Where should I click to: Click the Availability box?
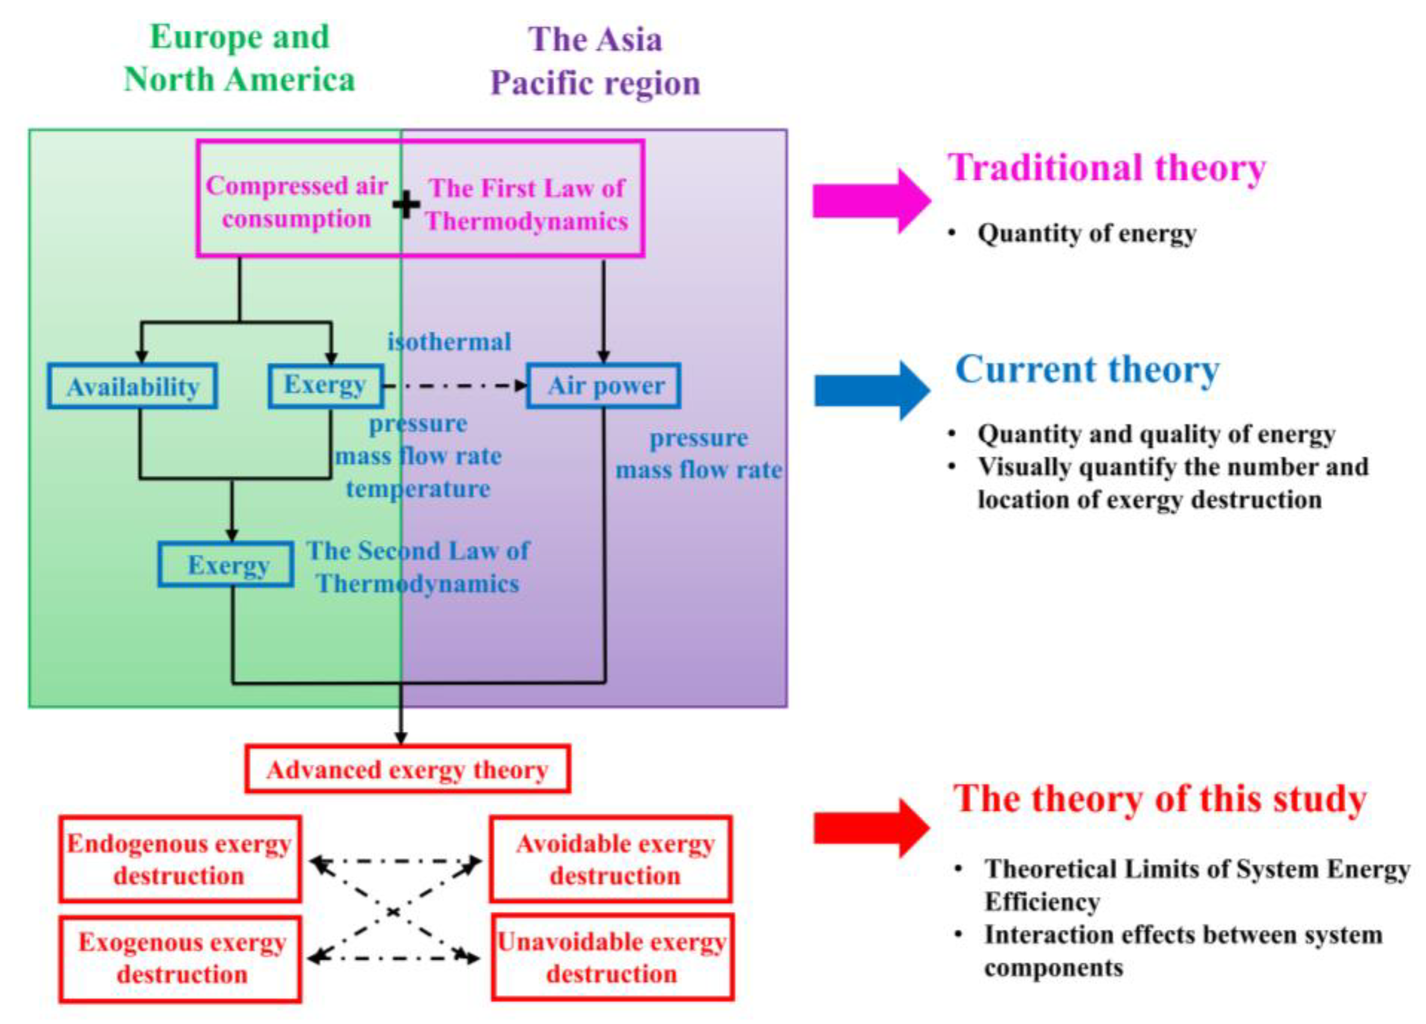coord(133,386)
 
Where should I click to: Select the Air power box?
coord(604,385)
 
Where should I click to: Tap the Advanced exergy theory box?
coord(407,769)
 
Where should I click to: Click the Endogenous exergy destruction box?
coord(180,858)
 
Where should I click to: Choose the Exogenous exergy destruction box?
coord(180,958)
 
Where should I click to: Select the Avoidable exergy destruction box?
coord(611,858)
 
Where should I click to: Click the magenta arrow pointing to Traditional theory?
coord(871,201)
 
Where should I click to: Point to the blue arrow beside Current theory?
coord(871,390)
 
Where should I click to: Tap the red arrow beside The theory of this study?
coord(871,828)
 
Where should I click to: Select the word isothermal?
coord(449,342)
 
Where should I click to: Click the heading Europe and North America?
coord(239,58)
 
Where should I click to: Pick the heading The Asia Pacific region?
coord(595,61)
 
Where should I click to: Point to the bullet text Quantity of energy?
coord(1086,233)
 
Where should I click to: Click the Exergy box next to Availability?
coord(326,385)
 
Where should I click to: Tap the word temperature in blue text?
coord(418,488)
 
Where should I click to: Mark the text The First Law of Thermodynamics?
coord(527,204)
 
